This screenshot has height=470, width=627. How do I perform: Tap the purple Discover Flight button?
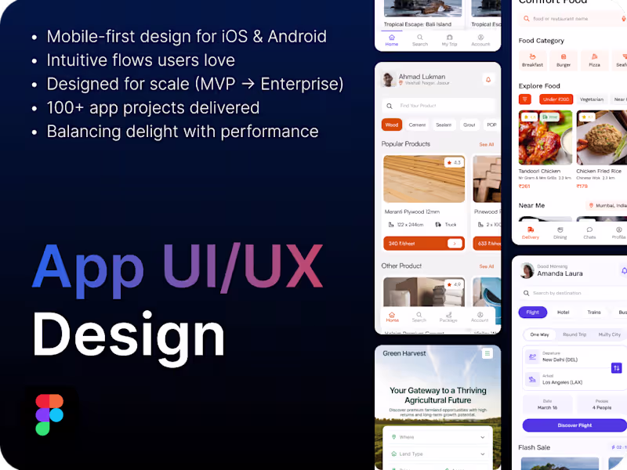click(x=574, y=425)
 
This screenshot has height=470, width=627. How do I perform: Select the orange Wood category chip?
click(x=392, y=125)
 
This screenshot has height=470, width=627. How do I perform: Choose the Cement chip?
click(x=417, y=125)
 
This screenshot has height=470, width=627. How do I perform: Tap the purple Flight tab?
click(x=533, y=312)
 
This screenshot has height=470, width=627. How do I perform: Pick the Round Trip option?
click(x=574, y=334)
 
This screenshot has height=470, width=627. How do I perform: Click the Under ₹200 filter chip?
click(x=556, y=99)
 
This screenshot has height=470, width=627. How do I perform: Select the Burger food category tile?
click(x=564, y=60)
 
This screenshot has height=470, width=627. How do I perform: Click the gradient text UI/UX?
click(x=242, y=266)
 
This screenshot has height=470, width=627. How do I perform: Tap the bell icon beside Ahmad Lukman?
click(x=487, y=80)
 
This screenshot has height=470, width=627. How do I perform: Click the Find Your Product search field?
click(x=439, y=106)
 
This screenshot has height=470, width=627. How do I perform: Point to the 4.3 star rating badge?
click(x=454, y=163)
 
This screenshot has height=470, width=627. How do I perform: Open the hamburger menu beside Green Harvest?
click(x=487, y=354)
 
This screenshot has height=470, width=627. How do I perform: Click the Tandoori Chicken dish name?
click(x=540, y=171)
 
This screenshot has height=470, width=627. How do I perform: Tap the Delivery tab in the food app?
click(x=531, y=233)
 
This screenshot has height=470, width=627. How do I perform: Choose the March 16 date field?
click(x=547, y=404)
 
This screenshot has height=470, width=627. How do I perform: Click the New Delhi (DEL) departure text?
click(x=560, y=360)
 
